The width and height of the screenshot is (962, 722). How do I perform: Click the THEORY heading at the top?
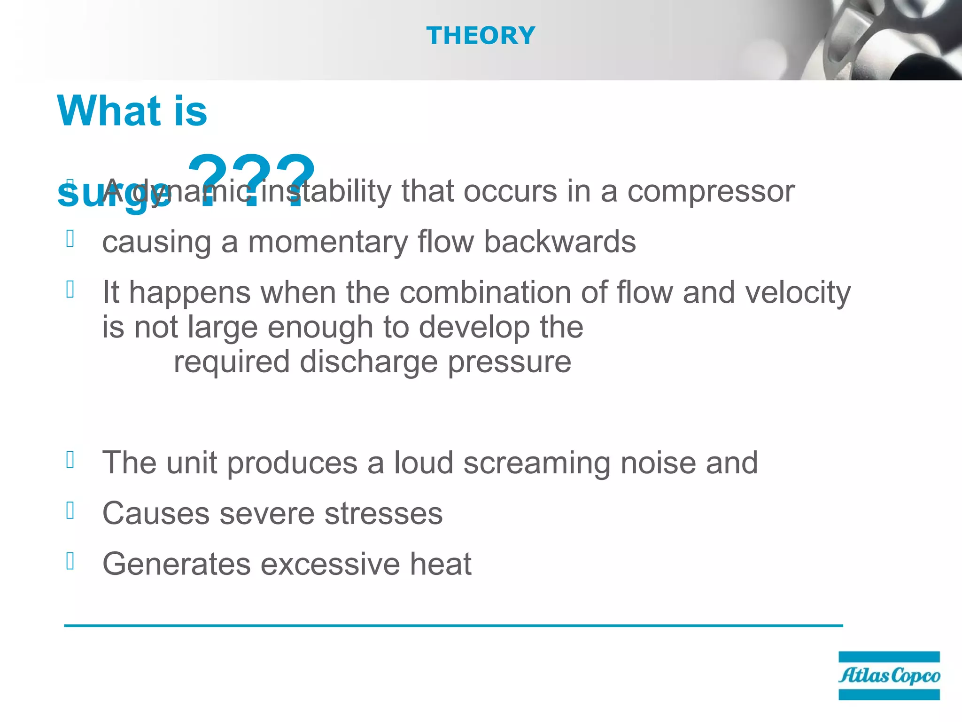click(481, 36)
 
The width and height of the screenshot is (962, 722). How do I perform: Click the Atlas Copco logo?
click(889, 675)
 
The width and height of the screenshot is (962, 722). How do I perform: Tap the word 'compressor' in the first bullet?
click(711, 191)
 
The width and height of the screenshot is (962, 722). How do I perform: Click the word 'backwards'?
click(559, 242)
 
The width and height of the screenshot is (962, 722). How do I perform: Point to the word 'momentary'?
click(327, 243)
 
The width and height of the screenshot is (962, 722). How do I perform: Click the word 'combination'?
click(485, 292)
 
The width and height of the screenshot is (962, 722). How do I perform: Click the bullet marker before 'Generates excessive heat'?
click(70, 561)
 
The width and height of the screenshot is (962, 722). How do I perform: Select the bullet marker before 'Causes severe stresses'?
click(70, 510)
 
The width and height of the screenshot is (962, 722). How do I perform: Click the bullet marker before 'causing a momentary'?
click(70, 239)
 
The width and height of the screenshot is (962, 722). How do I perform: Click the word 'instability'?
click(326, 191)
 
